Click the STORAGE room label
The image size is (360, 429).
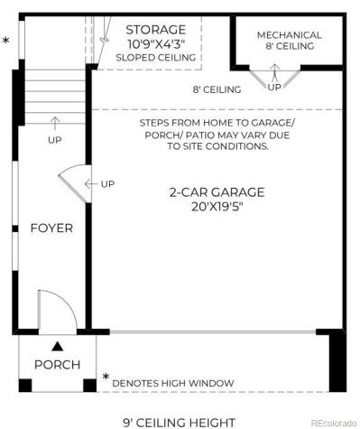coord(155,29)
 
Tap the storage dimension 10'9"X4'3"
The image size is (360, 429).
coord(156,42)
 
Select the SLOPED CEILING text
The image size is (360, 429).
coord(156,57)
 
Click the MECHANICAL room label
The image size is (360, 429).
coord(289,35)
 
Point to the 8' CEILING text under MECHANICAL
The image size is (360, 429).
coord(289,46)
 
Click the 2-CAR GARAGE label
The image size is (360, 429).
coord(217,191)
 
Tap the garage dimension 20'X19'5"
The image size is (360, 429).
coord(217,206)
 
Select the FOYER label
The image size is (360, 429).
coord(51,228)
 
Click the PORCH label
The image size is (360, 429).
coord(57,364)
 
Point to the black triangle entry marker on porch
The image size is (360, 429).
coord(57,345)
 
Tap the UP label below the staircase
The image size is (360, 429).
coord(55,139)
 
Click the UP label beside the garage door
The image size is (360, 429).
coord(106,184)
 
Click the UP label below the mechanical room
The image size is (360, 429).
coord(274,88)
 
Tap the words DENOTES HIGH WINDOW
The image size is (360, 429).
coord(173,383)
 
